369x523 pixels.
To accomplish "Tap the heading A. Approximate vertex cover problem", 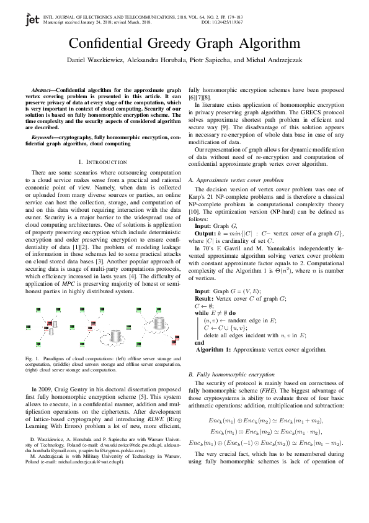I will click(236, 180).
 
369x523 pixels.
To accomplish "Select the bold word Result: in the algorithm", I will click(207, 299).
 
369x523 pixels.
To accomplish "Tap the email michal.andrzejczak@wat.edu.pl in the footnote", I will click(86, 462).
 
